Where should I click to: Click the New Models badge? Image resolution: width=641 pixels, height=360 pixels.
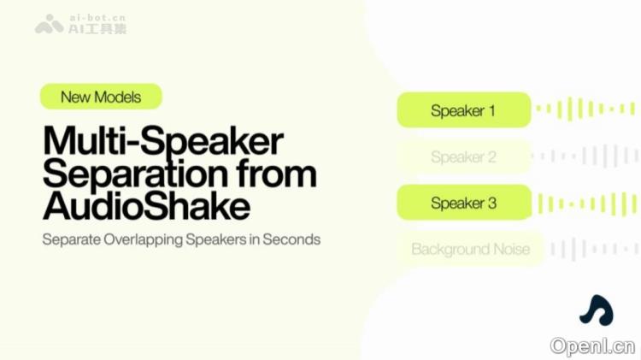(101, 97)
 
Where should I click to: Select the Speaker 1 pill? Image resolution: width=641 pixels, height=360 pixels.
(464, 110)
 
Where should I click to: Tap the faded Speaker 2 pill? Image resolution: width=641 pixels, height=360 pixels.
(464, 157)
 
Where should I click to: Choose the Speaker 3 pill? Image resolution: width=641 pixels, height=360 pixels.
(464, 204)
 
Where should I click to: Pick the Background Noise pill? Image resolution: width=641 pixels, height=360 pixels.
(470, 250)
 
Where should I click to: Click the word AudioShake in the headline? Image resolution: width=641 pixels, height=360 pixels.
(146, 206)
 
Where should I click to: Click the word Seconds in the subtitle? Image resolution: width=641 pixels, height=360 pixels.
(291, 239)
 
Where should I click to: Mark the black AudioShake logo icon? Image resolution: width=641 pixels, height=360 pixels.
(596, 310)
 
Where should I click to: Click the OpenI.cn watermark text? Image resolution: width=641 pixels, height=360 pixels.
(592, 345)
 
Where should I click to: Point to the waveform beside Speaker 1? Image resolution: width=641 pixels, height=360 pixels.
(585, 109)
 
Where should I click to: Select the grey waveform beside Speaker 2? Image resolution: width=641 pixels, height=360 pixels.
(585, 156)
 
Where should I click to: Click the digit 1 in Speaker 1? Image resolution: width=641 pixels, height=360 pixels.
(491, 110)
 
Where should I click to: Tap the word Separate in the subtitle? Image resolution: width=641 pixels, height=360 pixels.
(69, 239)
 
